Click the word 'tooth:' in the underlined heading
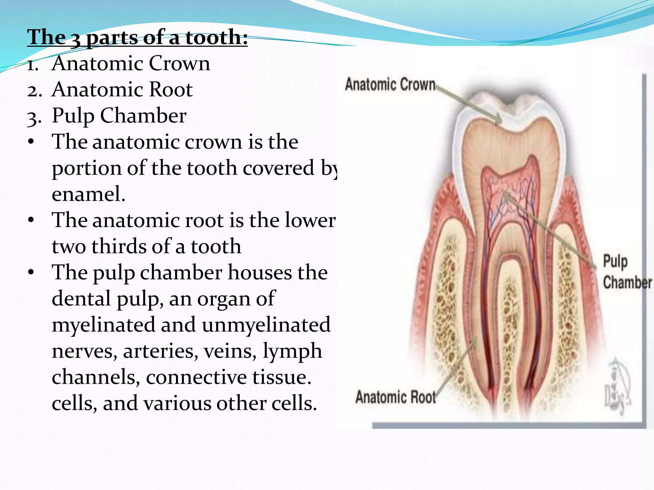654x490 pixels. (217, 38)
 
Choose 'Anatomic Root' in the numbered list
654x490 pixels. (122, 89)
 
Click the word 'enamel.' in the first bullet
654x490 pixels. (88, 194)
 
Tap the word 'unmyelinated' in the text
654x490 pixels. (266, 325)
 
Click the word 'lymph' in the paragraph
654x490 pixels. (292, 351)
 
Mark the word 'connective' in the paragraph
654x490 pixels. (196, 377)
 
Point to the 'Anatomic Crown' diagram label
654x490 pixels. (390, 85)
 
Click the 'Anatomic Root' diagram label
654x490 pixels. (395, 397)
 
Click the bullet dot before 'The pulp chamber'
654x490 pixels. (31, 272)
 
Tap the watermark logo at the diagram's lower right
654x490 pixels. (618, 386)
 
